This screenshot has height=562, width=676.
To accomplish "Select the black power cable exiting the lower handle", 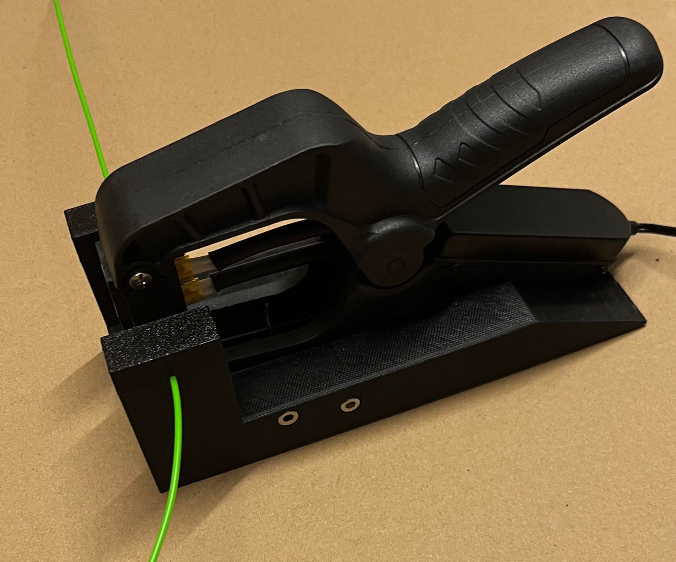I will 657,230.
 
